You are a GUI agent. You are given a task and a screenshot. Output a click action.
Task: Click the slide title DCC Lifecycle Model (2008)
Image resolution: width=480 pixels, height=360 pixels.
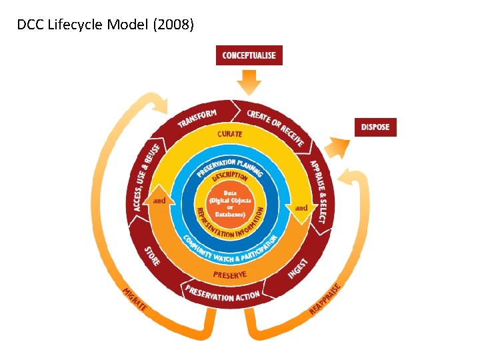[x=105, y=26]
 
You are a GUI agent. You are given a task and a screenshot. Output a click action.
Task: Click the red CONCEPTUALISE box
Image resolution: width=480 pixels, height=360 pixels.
[x=249, y=55]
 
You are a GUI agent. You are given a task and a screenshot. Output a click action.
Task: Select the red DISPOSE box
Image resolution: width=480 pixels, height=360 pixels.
[x=375, y=127]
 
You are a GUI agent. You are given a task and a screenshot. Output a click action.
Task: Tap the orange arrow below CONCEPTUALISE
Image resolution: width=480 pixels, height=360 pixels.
[x=249, y=83]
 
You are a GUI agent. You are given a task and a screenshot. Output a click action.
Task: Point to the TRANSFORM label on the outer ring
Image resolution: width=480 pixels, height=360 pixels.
[x=197, y=119]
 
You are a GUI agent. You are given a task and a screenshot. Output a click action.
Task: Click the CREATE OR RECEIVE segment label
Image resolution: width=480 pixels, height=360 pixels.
[x=275, y=127]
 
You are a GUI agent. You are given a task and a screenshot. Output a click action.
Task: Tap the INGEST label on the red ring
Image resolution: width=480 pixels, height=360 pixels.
[x=297, y=268]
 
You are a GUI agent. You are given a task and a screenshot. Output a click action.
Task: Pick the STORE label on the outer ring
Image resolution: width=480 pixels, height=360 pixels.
[x=153, y=256]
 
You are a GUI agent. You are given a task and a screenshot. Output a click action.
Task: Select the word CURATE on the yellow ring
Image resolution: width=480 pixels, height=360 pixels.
[x=229, y=134]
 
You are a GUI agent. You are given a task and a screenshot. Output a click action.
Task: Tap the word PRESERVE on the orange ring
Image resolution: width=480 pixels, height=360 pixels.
[x=229, y=275]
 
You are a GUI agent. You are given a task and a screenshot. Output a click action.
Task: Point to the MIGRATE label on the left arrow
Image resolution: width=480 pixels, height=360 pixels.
[x=135, y=302]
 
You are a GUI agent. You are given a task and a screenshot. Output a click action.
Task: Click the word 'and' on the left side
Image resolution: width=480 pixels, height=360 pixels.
[x=160, y=200]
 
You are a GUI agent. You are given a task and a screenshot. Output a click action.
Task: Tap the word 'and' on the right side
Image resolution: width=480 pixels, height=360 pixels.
[x=301, y=208]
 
